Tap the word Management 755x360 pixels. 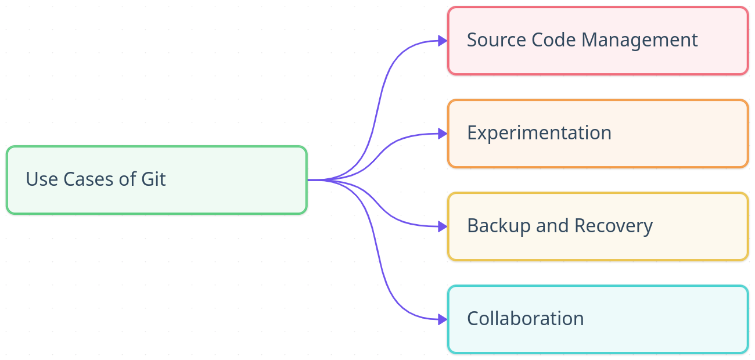click(x=639, y=40)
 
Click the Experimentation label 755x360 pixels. click(x=539, y=133)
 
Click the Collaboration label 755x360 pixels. click(x=525, y=319)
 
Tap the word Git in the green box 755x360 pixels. click(x=153, y=179)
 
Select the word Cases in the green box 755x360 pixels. click(x=89, y=179)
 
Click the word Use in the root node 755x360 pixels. click(x=42, y=179)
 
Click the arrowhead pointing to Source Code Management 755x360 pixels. click(x=443, y=41)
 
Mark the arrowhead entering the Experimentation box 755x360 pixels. click(x=443, y=134)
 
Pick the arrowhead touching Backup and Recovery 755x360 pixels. click(x=443, y=226)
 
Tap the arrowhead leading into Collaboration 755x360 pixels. click(x=443, y=319)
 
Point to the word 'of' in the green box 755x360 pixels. click(x=127, y=179)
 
